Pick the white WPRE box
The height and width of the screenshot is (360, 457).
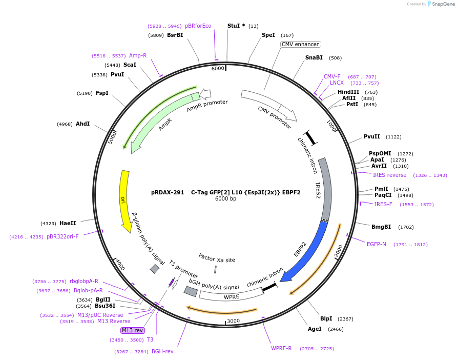(x=232, y=296)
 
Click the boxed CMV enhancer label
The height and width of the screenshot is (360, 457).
(x=300, y=45)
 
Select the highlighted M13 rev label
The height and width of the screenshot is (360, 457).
(x=132, y=330)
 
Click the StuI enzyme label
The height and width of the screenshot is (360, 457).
(x=236, y=26)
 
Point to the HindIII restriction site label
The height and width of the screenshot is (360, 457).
(x=348, y=92)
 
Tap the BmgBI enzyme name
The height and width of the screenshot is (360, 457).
(x=381, y=227)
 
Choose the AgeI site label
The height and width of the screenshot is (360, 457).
(x=315, y=329)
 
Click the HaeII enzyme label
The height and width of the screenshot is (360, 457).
(x=68, y=223)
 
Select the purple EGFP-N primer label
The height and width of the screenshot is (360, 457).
(x=377, y=244)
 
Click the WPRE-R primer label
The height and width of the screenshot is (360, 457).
(x=281, y=348)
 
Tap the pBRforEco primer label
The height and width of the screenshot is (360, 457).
(x=198, y=26)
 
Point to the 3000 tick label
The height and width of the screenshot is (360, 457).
(x=233, y=321)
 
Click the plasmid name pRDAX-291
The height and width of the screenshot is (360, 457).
(x=168, y=193)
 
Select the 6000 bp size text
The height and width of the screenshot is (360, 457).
(x=225, y=199)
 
